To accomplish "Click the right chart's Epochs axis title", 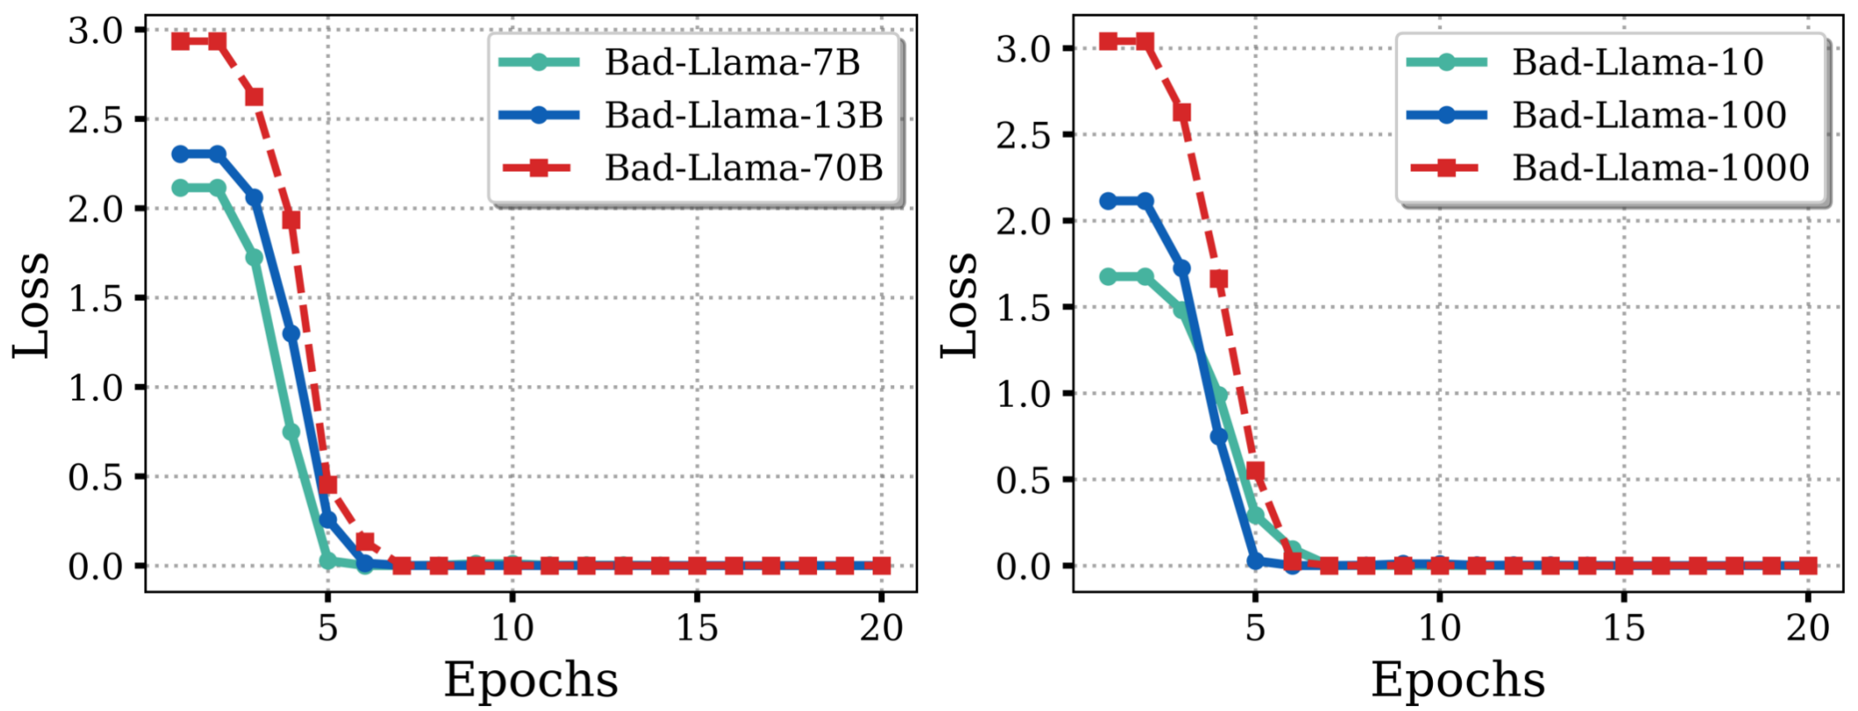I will tap(1458, 679).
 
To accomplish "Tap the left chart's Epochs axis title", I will tap(531, 679).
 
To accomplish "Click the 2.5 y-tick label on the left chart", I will tap(95, 120).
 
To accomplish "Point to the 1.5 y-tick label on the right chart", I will tap(1023, 307).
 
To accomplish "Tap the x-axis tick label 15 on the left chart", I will tap(697, 629).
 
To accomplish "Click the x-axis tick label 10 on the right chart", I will tap(1439, 629).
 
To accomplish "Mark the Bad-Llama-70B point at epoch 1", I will tap(180, 41).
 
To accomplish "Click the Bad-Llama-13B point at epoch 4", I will tap(291, 334).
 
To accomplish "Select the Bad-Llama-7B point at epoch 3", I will tap(254, 257).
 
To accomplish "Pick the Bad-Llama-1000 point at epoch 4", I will tap(1219, 279).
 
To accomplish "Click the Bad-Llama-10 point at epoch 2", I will tap(1145, 277).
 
